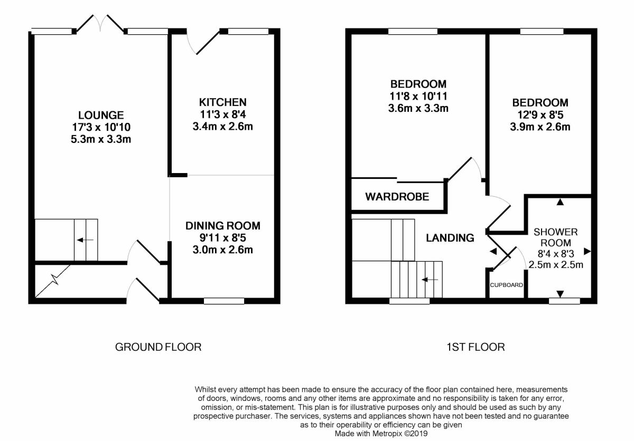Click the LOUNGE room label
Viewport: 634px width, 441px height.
[x=101, y=116]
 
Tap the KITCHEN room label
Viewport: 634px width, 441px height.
[x=223, y=102]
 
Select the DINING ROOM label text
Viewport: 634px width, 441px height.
[x=223, y=226]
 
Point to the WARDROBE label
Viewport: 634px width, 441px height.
[x=397, y=197]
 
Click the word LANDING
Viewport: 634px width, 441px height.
[x=450, y=238]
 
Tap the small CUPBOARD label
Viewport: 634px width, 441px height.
[x=506, y=285]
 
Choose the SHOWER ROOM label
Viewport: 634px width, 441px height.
[x=556, y=237]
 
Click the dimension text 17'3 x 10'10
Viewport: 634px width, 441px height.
[x=101, y=128]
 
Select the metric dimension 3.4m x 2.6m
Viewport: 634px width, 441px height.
[x=223, y=126]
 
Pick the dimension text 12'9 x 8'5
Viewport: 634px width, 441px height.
[x=540, y=115]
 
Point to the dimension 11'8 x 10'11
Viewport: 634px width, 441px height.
[x=418, y=97]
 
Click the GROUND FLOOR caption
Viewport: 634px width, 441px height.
[x=158, y=347]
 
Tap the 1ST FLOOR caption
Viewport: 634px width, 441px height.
[x=475, y=347]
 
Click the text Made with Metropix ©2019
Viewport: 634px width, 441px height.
[x=381, y=434]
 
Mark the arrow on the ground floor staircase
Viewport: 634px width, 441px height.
[x=85, y=240]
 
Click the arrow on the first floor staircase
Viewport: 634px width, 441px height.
[x=430, y=280]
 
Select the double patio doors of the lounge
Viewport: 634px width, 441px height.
[x=100, y=24]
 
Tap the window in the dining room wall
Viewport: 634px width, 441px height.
[x=224, y=301]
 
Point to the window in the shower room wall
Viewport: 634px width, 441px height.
[x=564, y=301]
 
